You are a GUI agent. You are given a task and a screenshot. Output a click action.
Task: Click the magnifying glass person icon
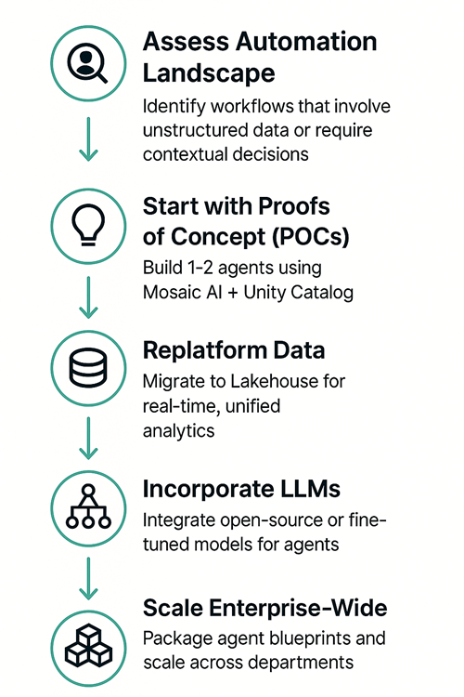coord(87,63)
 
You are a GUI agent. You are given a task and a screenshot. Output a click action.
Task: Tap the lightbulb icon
coord(88,225)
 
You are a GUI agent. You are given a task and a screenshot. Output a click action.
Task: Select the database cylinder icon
coord(88,368)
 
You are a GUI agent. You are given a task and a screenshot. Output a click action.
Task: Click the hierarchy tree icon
coord(88,506)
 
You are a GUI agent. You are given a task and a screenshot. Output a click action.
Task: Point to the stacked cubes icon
coord(88,646)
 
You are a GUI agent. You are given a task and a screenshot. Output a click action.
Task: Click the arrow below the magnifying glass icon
coord(88,138)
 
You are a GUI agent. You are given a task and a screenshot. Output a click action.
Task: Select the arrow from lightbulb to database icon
coord(88,297)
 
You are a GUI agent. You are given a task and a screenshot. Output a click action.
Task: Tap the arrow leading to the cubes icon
coord(88,578)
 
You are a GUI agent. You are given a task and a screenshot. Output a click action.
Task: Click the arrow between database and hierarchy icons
coord(88,438)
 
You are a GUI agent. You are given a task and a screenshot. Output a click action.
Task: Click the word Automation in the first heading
coord(306,42)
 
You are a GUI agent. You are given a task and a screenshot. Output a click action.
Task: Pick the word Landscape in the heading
coord(209,73)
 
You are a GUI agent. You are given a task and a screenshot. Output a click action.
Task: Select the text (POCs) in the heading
coord(310,236)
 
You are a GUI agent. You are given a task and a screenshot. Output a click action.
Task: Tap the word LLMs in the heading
coord(310,489)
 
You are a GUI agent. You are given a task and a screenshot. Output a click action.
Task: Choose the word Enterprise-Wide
coord(298,608)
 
